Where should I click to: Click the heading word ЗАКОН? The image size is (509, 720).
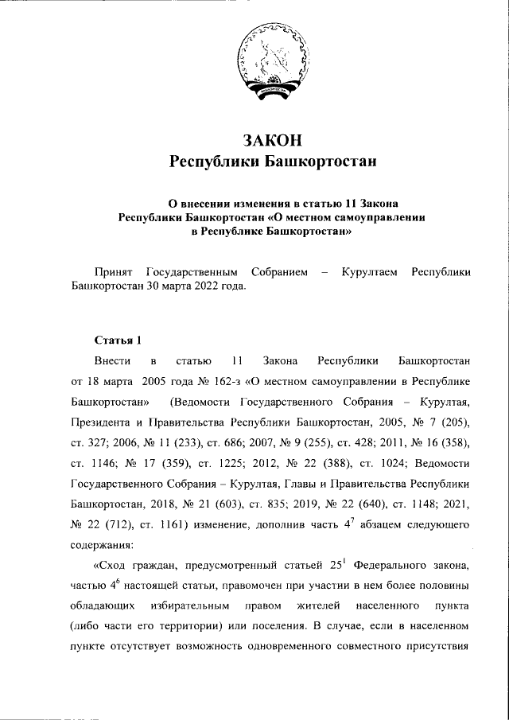pos(272,140)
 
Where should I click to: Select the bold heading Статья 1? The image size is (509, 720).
pos(118,341)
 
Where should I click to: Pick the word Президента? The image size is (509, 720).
pos(104,420)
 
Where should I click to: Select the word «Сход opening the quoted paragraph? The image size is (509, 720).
pos(115,566)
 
